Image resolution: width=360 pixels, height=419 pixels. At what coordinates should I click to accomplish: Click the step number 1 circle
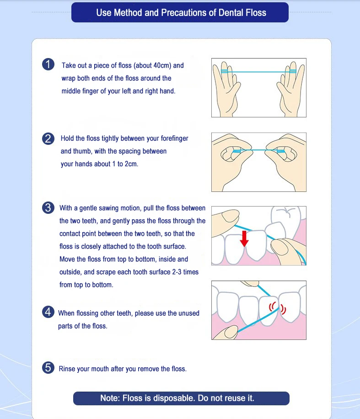pos(48,64)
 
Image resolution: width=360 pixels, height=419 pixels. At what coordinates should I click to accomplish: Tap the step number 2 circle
pos(48,139)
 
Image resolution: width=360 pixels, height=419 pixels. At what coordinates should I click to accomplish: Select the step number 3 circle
pos(48,207)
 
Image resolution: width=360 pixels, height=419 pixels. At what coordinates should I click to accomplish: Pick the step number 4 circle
pos(48,312)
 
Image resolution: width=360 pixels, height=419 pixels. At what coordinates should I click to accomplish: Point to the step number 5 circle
pos(48,367)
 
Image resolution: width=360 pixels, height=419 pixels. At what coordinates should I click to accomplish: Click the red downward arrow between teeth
pos(244,239)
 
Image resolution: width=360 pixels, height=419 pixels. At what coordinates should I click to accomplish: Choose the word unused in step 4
pos(189,313)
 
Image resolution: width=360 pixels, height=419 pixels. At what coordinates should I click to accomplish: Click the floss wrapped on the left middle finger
pos(225,71)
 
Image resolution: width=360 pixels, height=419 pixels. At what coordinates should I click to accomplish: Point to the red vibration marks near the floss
pos(278,308)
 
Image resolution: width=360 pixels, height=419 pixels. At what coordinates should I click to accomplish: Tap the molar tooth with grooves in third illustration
pos(288,218)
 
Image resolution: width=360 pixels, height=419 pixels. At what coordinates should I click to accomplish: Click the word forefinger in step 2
pos(174,138)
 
